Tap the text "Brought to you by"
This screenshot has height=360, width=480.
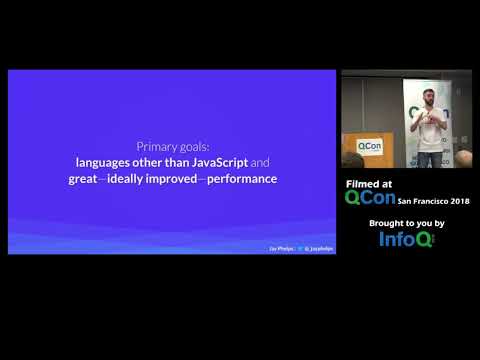406,222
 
